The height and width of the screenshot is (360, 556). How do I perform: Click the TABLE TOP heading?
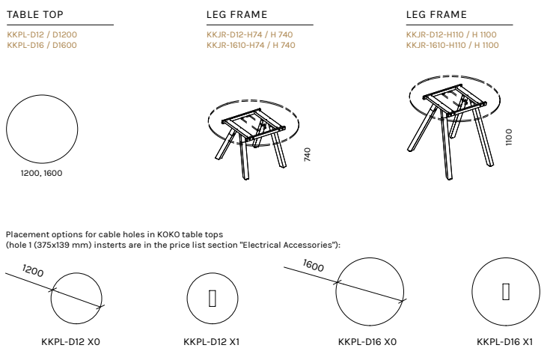click(35, 14)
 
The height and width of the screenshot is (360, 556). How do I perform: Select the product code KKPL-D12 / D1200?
click(42, 34)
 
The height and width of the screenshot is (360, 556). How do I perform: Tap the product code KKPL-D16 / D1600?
click(42, 45)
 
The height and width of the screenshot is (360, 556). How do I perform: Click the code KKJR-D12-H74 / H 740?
click(250, 34)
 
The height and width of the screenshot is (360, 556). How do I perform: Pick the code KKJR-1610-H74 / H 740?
click(251, 45)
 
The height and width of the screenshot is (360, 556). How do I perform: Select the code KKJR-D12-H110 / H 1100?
click(451, 34)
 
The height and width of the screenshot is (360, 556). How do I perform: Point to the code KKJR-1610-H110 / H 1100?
click(453, 45)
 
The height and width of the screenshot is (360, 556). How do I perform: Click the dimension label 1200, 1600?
click(41, 173)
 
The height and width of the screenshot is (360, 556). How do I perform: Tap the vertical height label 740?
click(308, 155)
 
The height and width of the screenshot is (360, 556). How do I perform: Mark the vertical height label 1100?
click(509, 137)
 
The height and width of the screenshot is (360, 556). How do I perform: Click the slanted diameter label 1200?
click(33, 271)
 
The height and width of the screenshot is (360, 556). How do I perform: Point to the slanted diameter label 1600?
click(314, 265)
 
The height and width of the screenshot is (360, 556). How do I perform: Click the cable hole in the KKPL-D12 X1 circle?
click(213, 299)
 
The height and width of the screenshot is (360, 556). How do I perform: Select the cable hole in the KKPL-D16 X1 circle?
click(506, 292)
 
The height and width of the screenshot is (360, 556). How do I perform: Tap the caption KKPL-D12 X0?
click(71, 342)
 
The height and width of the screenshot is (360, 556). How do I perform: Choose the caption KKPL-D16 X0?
click(367, 342)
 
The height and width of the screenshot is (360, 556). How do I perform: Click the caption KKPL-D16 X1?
click(504, 342)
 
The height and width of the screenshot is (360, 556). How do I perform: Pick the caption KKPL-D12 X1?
click(211, 342)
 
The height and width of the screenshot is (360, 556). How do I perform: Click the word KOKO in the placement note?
click(168, 234)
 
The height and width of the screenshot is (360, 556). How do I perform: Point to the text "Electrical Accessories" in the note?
click(287, 245)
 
